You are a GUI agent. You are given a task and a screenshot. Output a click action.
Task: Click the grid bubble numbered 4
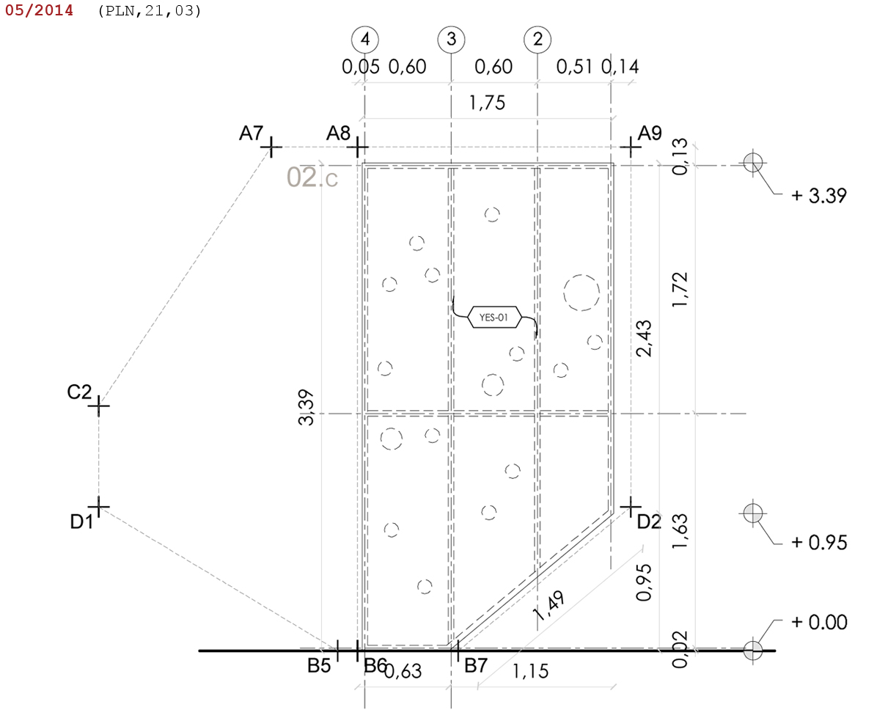coord(364,40)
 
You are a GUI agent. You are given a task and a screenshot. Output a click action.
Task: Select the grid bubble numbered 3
coord(451,40)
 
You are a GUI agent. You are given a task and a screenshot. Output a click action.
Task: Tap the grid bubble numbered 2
coord(537,40)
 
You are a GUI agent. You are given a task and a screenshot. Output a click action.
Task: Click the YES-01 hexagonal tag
coord(494,318)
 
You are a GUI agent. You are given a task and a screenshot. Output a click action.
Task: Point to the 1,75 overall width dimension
coord(488,103)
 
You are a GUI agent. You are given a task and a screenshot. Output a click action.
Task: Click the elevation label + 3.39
coord(819,196)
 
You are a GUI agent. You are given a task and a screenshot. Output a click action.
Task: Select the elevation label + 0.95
coord(819,543)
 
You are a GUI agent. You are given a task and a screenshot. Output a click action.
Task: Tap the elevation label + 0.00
coord(819,623)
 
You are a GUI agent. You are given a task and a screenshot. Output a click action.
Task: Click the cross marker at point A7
coord(271,147)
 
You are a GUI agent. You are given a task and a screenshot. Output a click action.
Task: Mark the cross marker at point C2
coord(100,405)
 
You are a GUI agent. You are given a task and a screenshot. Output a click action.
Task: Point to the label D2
coord(649,522)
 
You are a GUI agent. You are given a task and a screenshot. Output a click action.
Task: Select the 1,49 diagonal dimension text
coord(549,607)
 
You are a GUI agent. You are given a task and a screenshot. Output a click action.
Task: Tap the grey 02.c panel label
coord(312,177)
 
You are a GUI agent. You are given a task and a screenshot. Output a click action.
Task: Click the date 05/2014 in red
coord(39,11)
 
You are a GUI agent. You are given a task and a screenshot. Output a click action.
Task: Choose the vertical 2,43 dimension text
coord(645,338)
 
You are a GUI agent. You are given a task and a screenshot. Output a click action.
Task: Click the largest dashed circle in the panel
coord(581,293)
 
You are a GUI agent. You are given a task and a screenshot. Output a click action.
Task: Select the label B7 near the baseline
coord(476,667)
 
